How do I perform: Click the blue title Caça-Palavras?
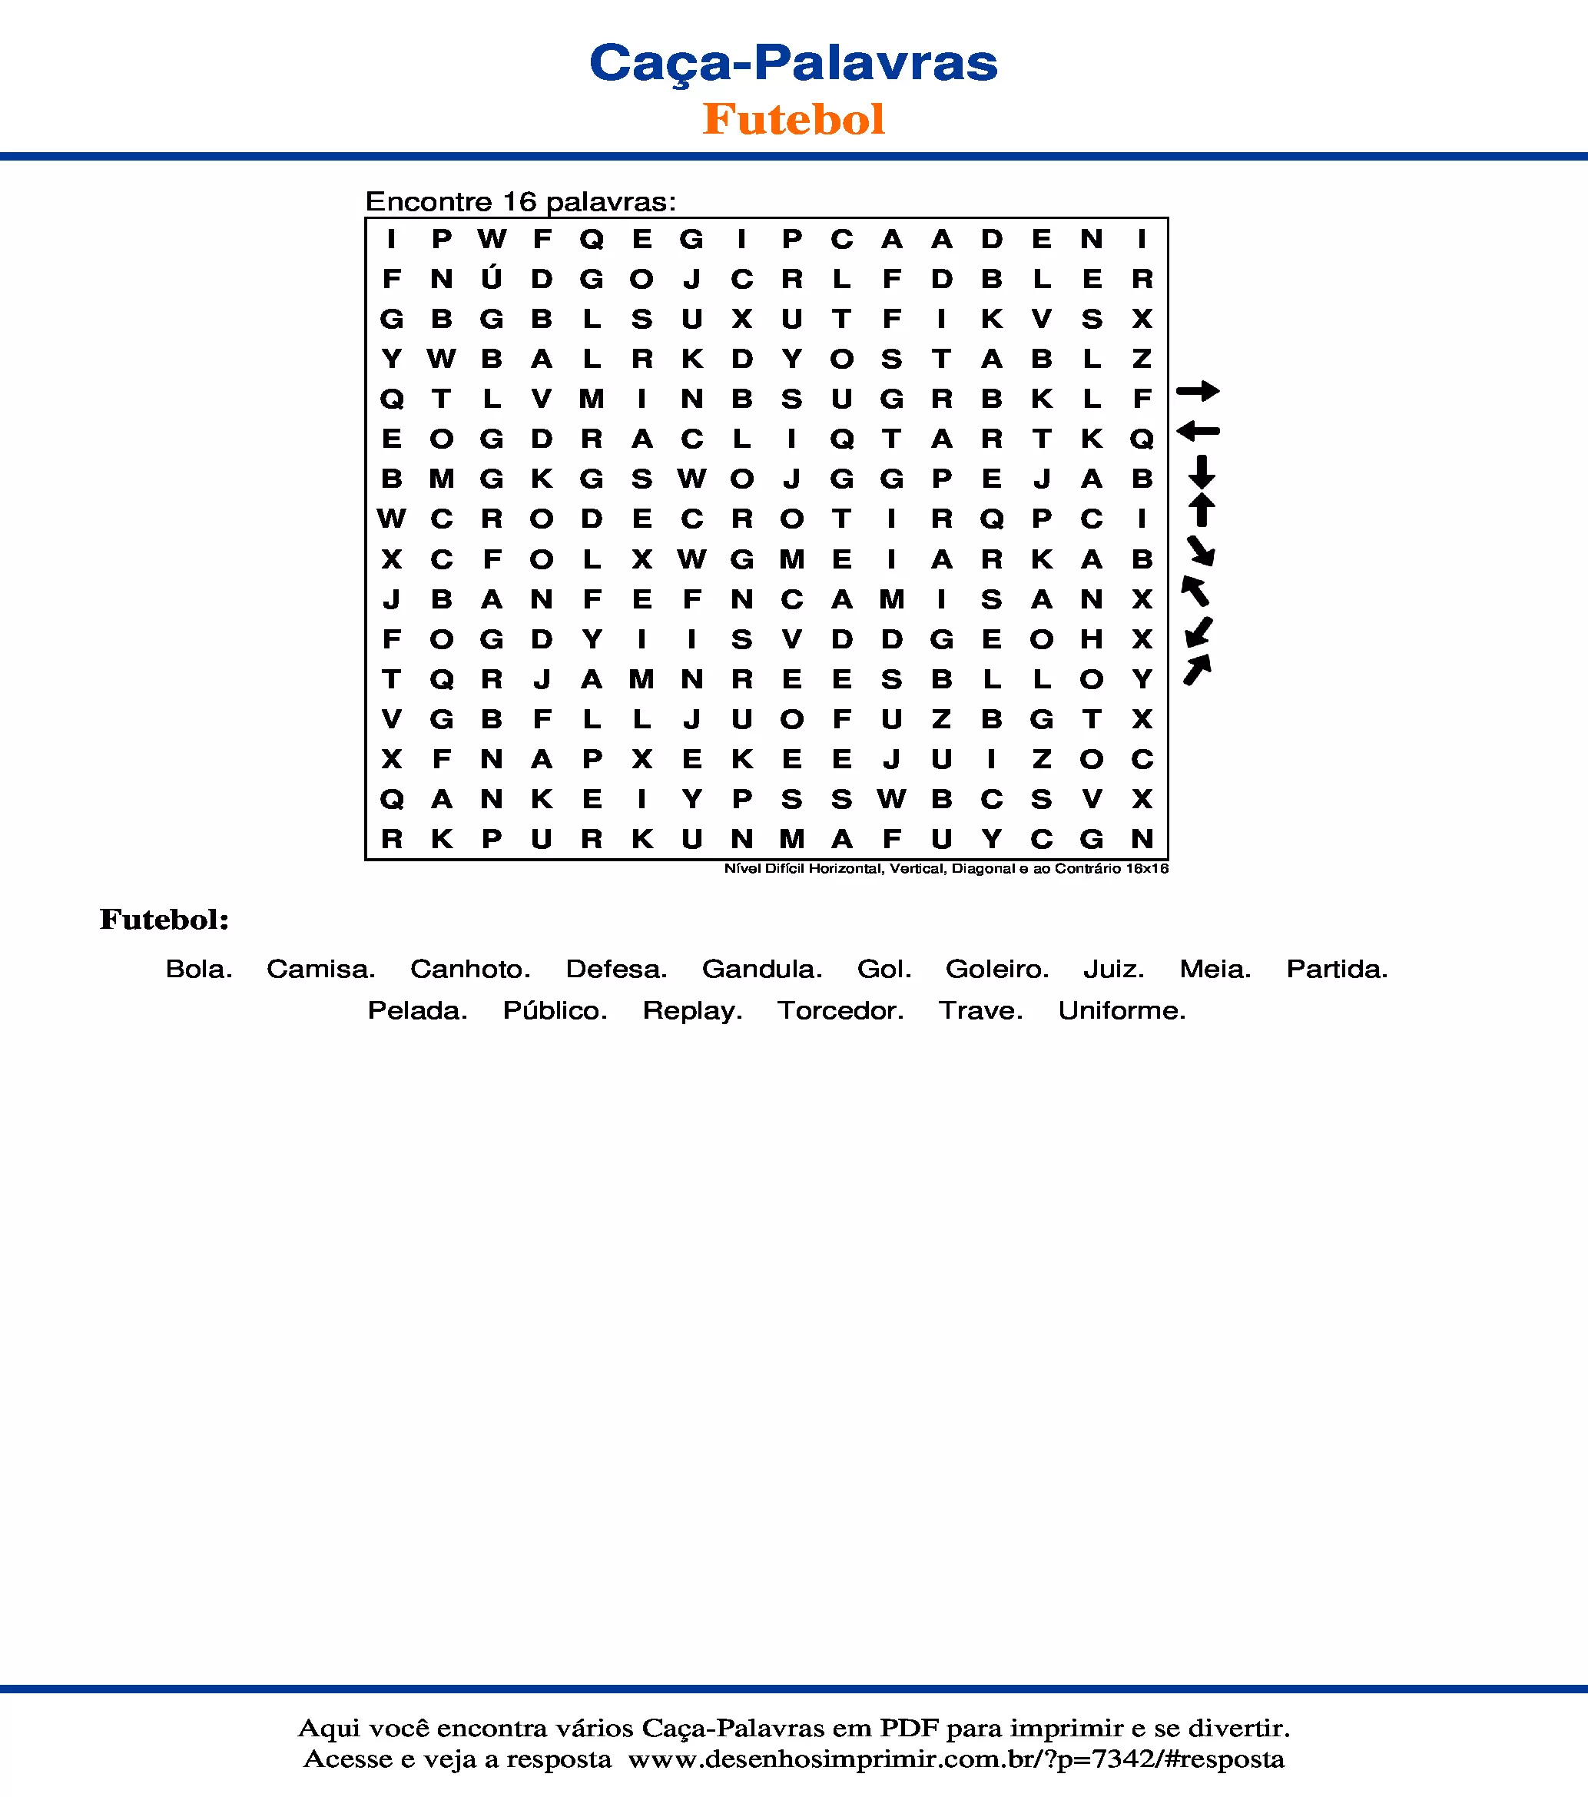coord(793,63)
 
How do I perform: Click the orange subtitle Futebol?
coord(793,120)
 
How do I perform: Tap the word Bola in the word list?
coord(199,969)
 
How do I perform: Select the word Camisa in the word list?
coord(321,969)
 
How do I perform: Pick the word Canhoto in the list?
coord(469,969)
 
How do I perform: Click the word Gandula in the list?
coord(761,969)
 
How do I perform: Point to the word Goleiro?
coord(997,969)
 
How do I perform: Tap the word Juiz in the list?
coord(1113,969)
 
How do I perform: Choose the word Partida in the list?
coord(1337,969)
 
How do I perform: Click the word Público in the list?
coord(555,1011)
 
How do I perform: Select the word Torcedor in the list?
coord(840,1011)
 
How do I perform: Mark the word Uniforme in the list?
coord(1122,1011)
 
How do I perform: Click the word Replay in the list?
coord(692,1011)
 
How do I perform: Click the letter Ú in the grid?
coord(492,279)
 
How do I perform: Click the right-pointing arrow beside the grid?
coord(1198,391)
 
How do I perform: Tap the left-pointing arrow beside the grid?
coord(1198,431)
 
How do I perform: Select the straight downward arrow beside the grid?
coord(1201,472)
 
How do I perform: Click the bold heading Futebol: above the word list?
coord(164,920)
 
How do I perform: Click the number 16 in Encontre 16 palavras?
coord(519,202)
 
